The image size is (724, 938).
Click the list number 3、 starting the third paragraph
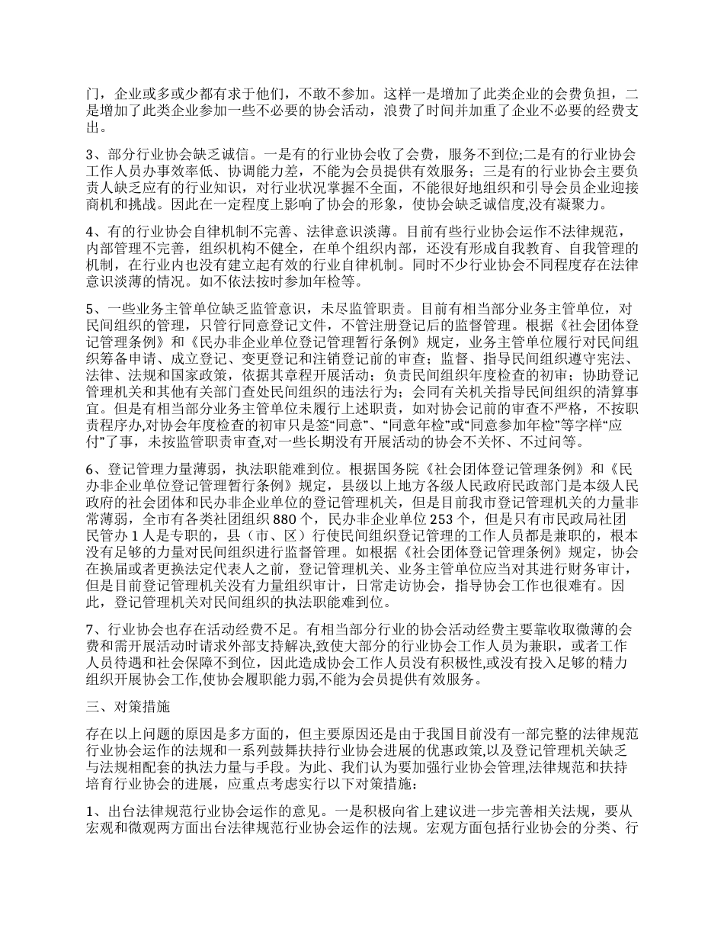click(92, 156)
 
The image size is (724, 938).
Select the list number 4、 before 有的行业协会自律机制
click(92, 230)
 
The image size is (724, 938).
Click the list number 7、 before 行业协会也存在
click(92, 629)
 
